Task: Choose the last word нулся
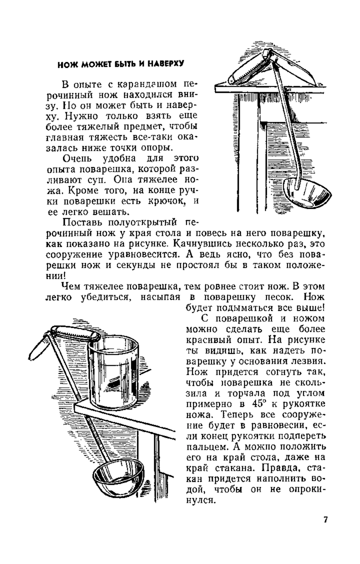(x=201, y=500)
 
